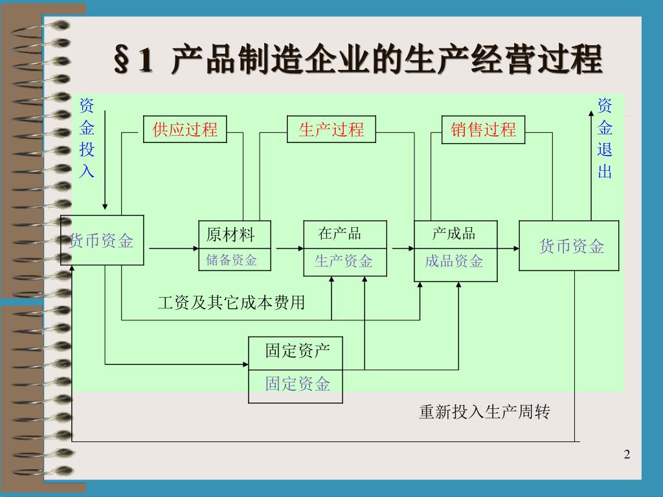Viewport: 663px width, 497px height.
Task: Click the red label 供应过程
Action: [185, 129]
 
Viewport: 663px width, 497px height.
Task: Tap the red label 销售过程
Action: [483, 129]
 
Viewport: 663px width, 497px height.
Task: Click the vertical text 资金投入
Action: [87, 138]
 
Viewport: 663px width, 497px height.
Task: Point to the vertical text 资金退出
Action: [605, 138]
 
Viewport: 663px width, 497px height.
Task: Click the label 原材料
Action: [230, 235]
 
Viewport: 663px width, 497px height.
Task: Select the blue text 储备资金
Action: [231, 260]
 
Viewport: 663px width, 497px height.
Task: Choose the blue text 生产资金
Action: [344, 261]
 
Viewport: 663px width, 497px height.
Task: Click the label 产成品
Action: [454, 234]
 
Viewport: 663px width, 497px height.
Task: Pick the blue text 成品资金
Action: [454, 261]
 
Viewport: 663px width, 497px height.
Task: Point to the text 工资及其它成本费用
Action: [231, 303]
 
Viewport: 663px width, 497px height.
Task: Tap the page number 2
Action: [627, 454]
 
